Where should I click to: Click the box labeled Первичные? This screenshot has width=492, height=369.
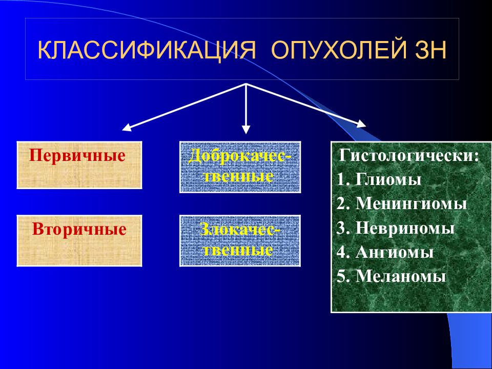[x=79, y=165]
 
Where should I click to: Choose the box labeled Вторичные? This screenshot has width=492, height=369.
[x=79, y=241]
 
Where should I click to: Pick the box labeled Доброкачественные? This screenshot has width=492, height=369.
[x=240, y=167]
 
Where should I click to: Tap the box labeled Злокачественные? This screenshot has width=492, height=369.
[x=240, y=241]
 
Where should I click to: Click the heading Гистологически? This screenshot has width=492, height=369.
[x=409, y=156]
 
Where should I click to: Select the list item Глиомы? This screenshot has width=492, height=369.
[x=388, y=180]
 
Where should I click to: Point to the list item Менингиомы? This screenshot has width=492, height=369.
[x=412, y=204]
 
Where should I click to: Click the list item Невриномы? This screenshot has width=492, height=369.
[x=405, y=228]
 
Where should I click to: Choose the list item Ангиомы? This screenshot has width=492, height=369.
[x=395, y=252]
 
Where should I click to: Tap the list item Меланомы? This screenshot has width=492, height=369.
[x=401, y=276]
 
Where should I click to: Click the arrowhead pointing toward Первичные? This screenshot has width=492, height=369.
[x=126, y=128]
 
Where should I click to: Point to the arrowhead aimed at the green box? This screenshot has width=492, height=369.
[x=362, y=124]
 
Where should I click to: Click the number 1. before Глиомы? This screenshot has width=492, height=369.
[x=344, y=180]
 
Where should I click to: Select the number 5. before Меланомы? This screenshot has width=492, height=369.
[x=344, y=277]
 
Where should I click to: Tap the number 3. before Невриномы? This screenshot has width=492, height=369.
[x=344, y=229]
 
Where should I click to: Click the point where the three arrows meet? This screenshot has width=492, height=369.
[x=247, y=84]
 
